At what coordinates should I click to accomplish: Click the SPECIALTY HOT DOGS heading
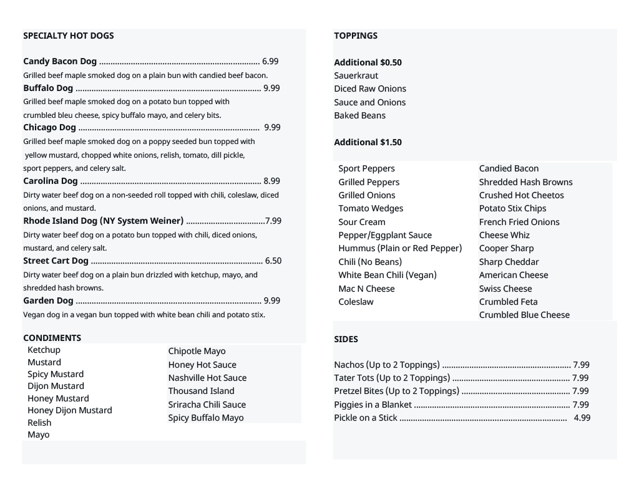pos(69,36)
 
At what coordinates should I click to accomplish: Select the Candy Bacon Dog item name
pos(60,61)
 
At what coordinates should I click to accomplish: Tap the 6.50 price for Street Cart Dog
pos(273,261)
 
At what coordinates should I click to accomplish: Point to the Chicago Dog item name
pos(49,127)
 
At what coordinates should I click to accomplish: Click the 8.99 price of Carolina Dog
pos(271,181)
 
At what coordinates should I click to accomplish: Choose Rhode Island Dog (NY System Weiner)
pos(103,221)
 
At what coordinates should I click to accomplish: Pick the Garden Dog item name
pos(48,300)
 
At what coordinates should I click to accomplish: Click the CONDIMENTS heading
pos(52,338)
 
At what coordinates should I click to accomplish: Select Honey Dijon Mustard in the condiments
pos(70,410)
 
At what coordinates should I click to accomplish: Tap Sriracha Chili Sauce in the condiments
pos(207,404)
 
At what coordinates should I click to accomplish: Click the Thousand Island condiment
pos(201,391)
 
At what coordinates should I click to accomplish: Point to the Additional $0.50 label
pos(368,62)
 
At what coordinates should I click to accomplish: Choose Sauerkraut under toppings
pos(356,75)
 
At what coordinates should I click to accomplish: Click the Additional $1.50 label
pos(368,142)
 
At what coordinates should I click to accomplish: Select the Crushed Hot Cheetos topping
pos(521,195)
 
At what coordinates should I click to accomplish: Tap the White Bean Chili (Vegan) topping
pos(388,275)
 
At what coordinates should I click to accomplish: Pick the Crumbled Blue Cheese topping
pos(524,315)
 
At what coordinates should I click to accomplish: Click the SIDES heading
pos(346,339)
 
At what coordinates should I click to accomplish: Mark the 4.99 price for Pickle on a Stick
pos(582,418)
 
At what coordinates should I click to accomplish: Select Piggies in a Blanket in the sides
pos(373,404)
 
